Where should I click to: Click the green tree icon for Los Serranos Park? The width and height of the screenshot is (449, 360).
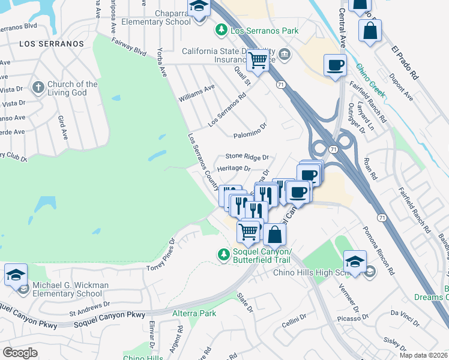[x=222, y=29]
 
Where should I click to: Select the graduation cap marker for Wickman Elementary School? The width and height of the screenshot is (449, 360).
[x=16, y=275]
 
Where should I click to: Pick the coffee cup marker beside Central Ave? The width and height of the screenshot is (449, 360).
[x=335, y=65]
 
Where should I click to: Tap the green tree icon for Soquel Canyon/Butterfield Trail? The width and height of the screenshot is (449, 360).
[x=223, y=255]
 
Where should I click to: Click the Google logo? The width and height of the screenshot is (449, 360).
[x=20, y=353]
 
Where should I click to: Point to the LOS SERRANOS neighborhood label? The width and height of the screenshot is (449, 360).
[x=52, y=44]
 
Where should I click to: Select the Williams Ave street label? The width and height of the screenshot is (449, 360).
[x=196, y=92]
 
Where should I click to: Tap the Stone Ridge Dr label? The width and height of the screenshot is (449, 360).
[x=247, y=156]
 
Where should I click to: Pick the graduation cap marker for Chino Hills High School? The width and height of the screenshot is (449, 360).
[x=355, y=262]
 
